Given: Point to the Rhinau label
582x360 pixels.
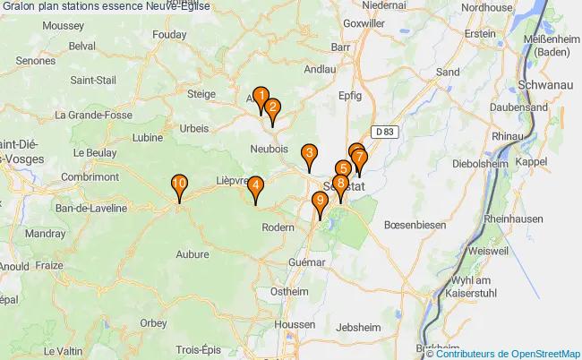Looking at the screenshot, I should [507, 135].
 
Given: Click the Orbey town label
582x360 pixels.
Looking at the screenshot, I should [153, 323].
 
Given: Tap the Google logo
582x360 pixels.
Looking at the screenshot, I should [26, 350].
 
